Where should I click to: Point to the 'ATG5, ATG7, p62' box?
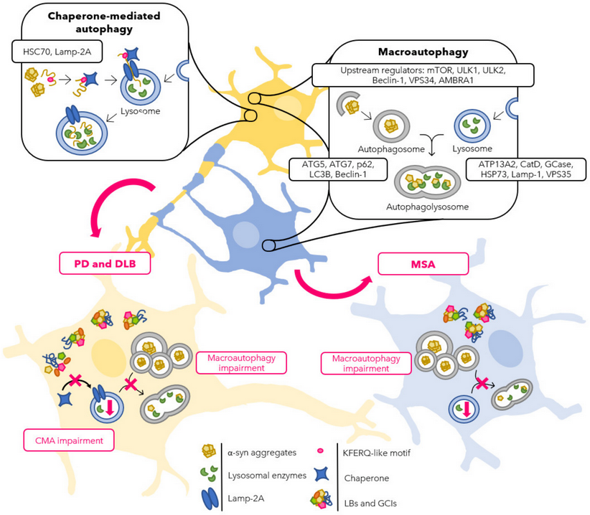[x=338, y=170]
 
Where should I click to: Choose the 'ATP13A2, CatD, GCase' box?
[x=525, y=170]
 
